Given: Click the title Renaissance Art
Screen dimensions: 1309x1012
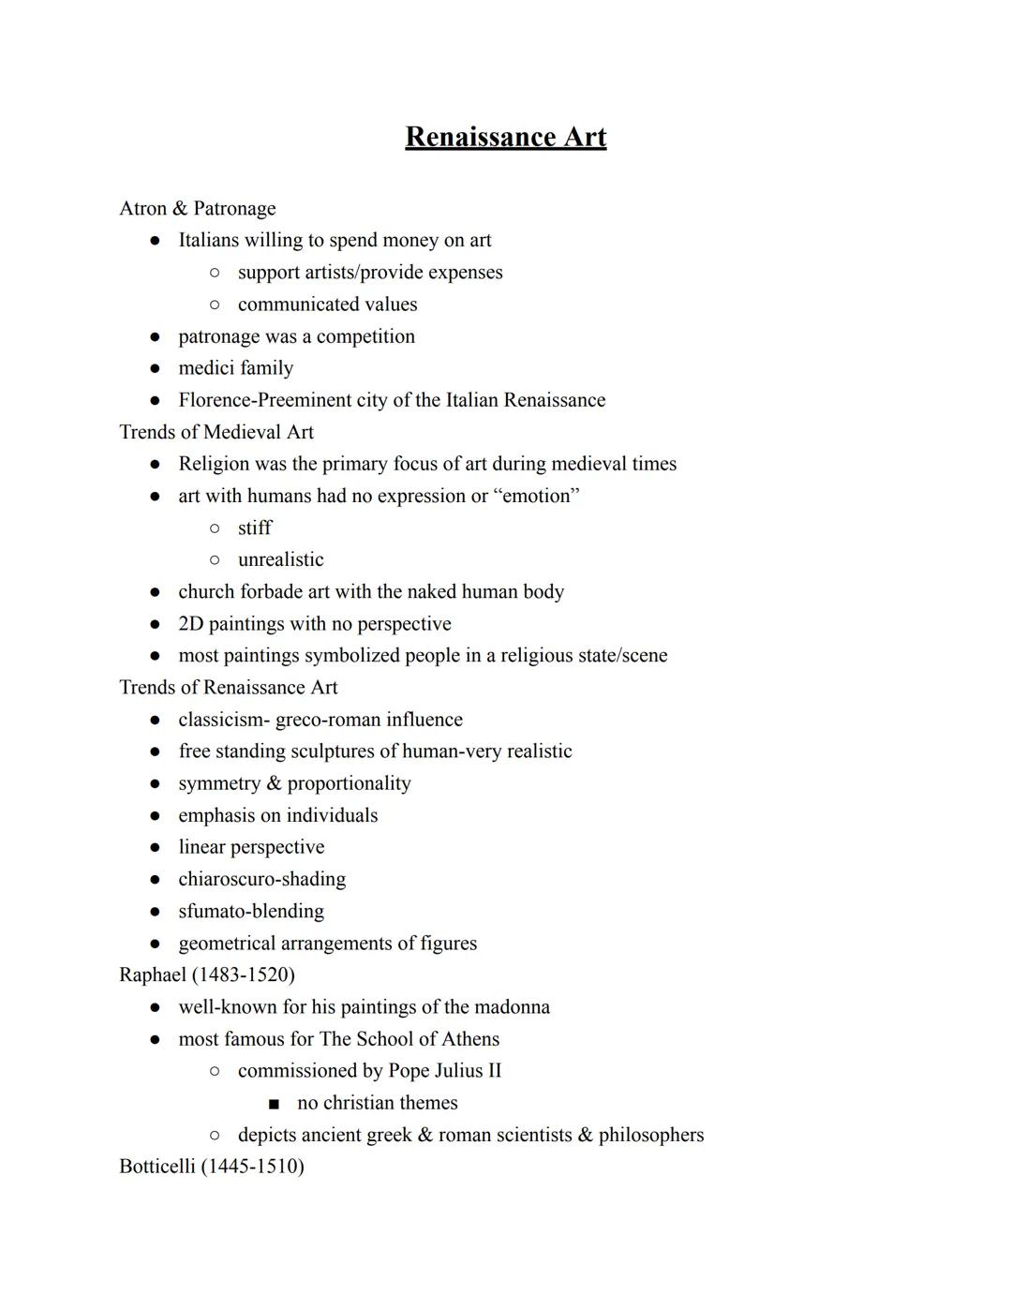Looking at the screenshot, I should click(x=505, y=137).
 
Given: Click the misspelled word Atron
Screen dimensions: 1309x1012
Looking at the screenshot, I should click(x=142, y=208).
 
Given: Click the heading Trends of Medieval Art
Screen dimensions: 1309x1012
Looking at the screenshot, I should click(x=216, y=432).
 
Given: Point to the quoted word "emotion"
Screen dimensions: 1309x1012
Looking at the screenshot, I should click(x=537, y=496).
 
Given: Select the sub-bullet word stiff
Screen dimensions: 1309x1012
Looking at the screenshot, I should click(x=254, y=528).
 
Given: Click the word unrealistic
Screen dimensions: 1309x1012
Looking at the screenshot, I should click(x=280, y=559).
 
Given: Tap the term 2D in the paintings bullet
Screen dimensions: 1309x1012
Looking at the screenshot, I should click(x=190, y=624).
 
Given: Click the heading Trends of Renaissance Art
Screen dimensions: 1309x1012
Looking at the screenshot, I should click(x=229, y=688).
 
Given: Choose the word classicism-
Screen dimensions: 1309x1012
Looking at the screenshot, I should click(x=224, y=720).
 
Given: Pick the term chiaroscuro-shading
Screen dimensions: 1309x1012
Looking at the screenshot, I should click(x=261, y=879).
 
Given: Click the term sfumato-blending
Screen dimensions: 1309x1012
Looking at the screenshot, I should click(x=251, y=911).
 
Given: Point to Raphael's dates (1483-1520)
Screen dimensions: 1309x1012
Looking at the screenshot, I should click(x=244, y=974).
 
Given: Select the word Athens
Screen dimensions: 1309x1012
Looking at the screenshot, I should click(x=470, y=1039).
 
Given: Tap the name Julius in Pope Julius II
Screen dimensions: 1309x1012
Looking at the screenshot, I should click(x=459, y=1071).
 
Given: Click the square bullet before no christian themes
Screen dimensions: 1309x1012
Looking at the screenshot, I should click(x=274, y=1104).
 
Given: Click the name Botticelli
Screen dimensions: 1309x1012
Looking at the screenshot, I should click(x=157, y=1167).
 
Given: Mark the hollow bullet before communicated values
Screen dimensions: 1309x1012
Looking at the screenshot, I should click(x=215, y=305).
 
